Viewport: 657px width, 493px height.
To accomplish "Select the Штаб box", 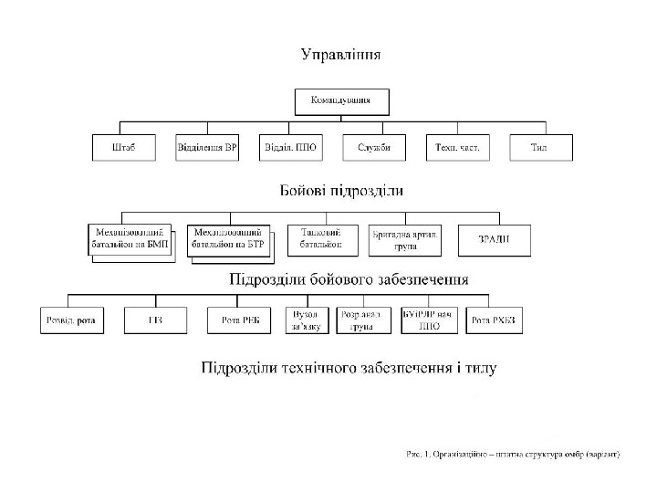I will coord(123,147).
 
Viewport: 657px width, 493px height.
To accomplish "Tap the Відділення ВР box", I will coord(206,147).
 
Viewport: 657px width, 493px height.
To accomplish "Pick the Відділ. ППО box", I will coord(290,147).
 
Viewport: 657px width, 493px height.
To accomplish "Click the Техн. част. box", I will coord(457,147).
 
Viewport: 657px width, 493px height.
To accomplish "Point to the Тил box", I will coord(540,147).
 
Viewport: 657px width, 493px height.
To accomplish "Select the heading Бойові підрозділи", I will coord(341,192).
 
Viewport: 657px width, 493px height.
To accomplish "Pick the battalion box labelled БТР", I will coord(228,239).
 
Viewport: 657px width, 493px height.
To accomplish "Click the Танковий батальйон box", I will coord(321,239).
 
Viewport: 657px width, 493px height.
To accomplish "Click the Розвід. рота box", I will coord(72,320).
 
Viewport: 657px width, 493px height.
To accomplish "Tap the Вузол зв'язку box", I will coord(308,320).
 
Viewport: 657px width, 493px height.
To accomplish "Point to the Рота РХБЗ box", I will coord(494,320).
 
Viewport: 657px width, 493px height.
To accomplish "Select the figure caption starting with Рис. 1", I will coord(513,453).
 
